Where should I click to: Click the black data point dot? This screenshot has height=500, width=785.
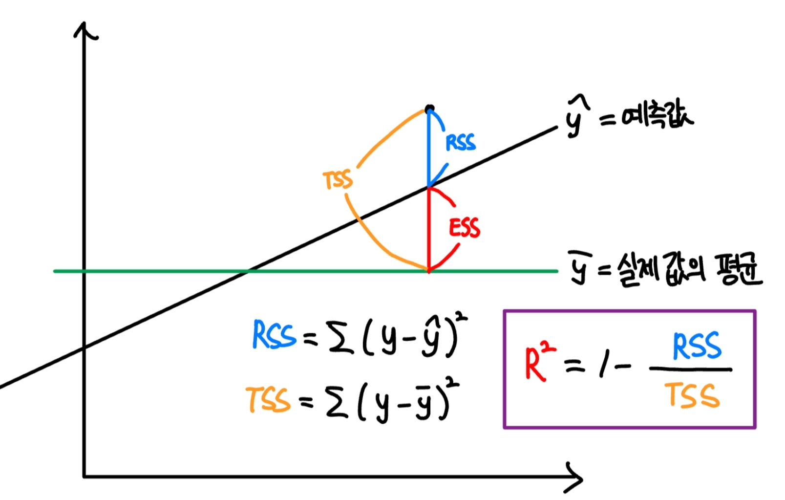coord(429,109)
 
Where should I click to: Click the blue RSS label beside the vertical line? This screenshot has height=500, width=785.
coord(460,143)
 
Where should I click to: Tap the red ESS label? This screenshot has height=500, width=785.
coord(465,228)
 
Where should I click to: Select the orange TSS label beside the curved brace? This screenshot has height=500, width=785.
coord(338,180)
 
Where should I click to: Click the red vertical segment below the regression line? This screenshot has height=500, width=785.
coord(428,230)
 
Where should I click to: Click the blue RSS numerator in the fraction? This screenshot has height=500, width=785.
coord(697,346)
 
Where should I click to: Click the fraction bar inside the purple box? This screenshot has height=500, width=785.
coord(690,370)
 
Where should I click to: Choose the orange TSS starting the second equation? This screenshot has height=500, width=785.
coord(268,399)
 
